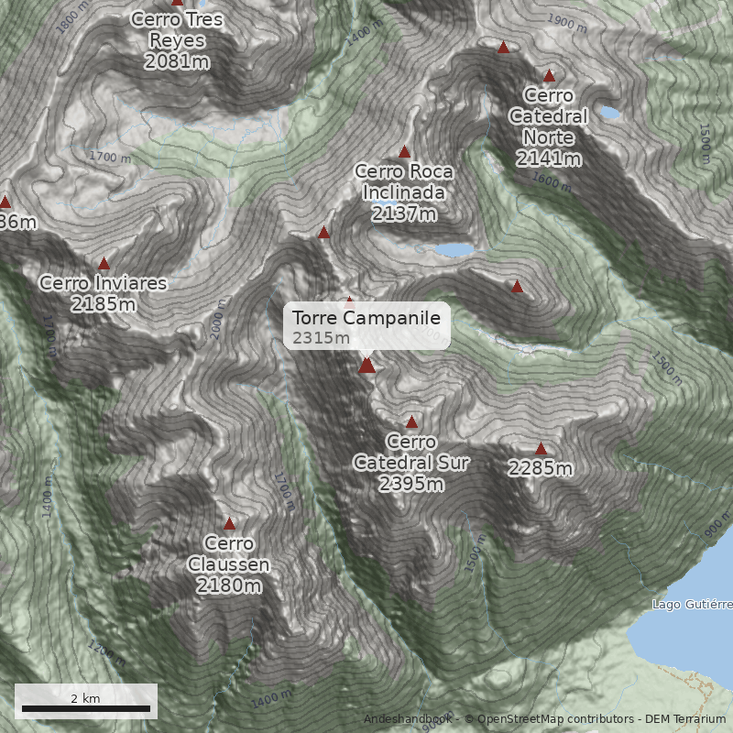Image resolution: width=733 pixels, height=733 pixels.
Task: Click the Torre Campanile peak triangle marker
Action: (367, 366)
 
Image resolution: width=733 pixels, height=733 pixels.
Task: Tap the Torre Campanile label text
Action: (366, 318)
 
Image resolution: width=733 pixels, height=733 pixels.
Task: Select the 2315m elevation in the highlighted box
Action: (321, 338)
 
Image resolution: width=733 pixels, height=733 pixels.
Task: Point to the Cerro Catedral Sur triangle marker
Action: (411, 422)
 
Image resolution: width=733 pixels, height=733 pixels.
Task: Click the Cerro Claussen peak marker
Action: (229, 524)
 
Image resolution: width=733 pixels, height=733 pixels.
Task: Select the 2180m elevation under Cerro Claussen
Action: (229, 585)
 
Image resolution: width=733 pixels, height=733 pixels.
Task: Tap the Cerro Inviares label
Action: (103, 283)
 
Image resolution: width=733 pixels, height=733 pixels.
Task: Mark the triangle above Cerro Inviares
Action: (104, 263)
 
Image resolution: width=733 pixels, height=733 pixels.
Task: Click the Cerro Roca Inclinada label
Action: (403, 181)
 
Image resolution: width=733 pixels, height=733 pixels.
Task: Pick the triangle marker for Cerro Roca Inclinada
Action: (404, 151)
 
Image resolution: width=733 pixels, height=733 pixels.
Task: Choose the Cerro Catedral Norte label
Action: (548, 116)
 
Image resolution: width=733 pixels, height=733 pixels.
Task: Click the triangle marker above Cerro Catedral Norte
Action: (549, 76)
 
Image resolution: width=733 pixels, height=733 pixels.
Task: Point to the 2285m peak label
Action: (541, 469)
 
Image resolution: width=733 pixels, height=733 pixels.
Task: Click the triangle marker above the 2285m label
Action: (541, 448)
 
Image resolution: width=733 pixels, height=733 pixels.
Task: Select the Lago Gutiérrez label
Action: (692, 605)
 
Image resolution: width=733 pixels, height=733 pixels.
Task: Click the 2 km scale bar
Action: (86, 707)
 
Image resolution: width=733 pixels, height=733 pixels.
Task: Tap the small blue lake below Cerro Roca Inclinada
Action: (454, 249)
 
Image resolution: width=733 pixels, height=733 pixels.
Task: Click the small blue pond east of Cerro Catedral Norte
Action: (609, 114)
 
